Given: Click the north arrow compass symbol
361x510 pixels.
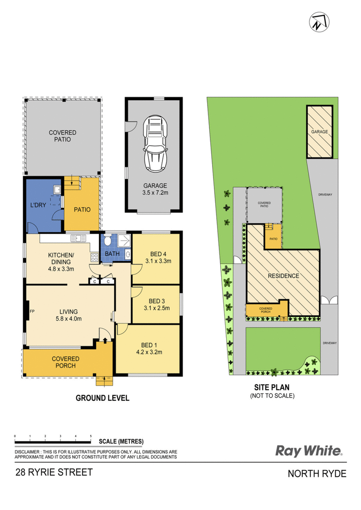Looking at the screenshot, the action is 319,22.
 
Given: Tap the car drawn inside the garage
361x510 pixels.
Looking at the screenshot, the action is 156,144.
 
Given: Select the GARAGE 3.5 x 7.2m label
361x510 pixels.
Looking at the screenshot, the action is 155,189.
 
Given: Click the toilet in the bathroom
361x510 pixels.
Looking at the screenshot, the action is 107,241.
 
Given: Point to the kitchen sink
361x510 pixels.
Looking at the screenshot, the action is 78,238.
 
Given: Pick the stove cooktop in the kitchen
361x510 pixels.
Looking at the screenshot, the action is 94,257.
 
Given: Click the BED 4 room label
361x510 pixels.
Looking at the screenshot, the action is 158,254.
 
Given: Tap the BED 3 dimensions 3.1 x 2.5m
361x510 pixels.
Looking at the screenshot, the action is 157,308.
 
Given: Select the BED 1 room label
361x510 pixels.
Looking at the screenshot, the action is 149,345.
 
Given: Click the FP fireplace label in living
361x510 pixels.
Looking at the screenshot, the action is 32,311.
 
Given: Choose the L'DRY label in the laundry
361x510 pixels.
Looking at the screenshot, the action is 38,205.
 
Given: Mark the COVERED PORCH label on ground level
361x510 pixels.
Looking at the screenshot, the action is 65,362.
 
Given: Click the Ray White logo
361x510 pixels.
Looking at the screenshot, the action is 309,451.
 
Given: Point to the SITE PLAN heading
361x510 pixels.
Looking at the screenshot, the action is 272,387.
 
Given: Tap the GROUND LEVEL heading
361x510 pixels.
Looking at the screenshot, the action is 102,398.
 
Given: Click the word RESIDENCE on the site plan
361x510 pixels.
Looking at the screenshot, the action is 283,276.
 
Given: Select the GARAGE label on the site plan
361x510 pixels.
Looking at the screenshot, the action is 319,132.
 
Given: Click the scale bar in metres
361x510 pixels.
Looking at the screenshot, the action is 53,442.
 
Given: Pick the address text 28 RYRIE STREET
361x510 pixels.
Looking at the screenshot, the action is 54,472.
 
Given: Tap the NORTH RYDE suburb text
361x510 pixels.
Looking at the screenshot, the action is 317,473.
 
